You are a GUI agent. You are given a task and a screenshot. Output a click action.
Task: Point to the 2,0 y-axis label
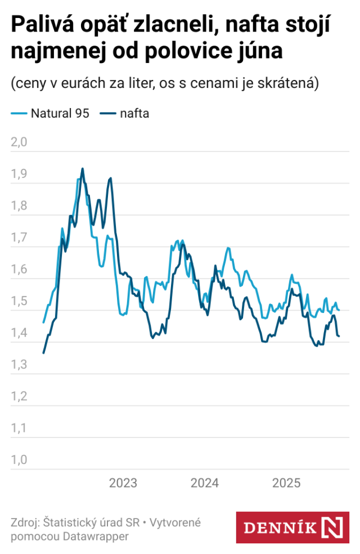pyautogui.click(x=19, y=141)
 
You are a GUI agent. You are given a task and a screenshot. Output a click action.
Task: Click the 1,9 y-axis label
pyautogui.click(x=19, y=173)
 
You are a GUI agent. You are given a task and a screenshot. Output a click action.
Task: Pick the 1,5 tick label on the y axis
pyautogui.click(x=19, y=301)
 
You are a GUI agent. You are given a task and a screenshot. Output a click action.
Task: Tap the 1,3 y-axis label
pyautogui.click(x=19, y=364)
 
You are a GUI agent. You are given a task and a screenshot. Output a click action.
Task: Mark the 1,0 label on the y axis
pyautogui.click(x=19, y=459)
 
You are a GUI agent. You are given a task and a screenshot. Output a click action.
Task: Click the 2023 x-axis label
pyautogui.click(x=123, y=483)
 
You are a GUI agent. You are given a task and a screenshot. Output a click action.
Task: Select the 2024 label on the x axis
pyautogui.click(x=205, y=483)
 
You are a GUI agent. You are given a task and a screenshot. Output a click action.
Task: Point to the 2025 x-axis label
pyautogui.click(x=286, y=483)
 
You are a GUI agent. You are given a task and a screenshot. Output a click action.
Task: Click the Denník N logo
pyautogui.click(x=292, y=527)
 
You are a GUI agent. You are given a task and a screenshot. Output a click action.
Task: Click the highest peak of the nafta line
pyautogui.click(x=83, y=168)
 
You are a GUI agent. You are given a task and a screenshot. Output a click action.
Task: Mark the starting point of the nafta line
pyautogui.click(x=44, y=353)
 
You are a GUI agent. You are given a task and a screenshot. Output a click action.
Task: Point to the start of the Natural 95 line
pyautogui.click(x=44, y=323)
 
